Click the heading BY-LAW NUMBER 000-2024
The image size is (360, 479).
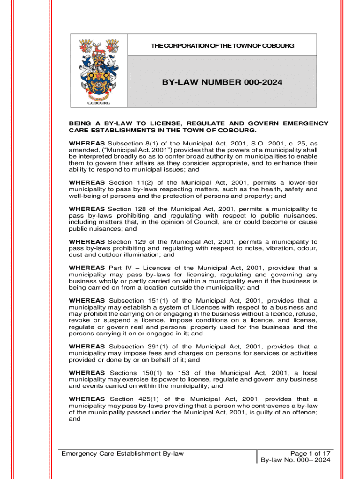click(x=222, y=82)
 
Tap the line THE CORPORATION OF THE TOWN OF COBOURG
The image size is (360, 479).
click(x=222, y=45)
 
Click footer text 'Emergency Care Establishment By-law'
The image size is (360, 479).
click(x=123, y=454)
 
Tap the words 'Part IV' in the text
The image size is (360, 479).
click(x=119, y=268)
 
